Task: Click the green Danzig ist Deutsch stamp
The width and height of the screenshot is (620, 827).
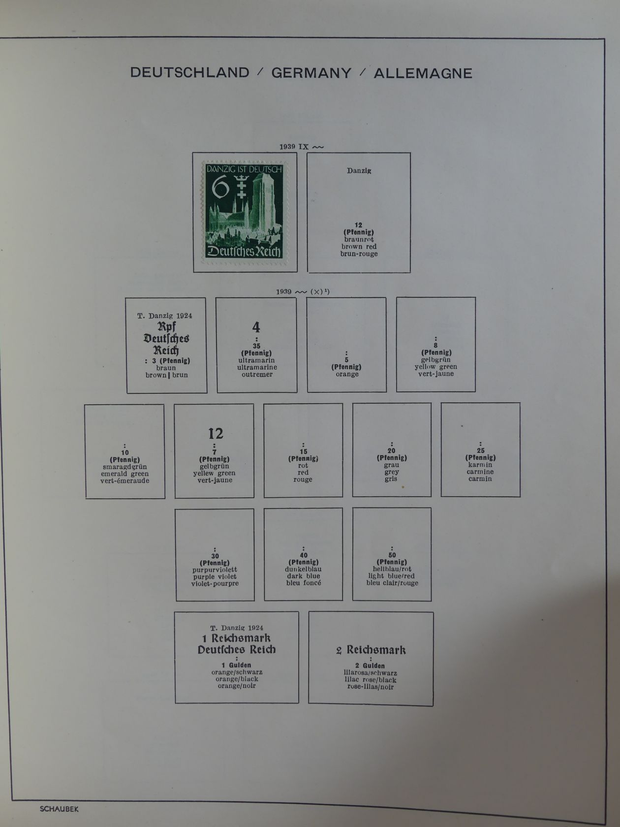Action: coord(245,212)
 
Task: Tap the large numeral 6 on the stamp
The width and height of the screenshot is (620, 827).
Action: coord(220,189)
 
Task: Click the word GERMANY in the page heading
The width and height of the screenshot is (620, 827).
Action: coord(311,73)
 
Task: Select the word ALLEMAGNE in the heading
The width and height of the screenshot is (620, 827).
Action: coord(423,74)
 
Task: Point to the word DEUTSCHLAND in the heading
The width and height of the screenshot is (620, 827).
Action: coord(190,72)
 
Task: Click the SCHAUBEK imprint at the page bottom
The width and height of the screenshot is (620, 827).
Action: coord(59,808)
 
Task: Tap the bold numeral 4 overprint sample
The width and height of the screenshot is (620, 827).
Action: coord(256,327)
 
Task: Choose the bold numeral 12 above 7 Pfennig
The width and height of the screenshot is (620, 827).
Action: coord(216,434)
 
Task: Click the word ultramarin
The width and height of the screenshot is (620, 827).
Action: coord(256,360)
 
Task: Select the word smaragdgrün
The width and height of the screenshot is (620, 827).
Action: coord(125,467)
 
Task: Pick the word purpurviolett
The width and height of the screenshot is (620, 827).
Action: coord(215,570)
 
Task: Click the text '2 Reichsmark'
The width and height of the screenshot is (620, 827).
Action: coord(371,650)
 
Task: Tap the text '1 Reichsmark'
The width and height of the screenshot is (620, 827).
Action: coord(236,638)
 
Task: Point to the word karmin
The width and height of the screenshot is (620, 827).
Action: coord(480,465)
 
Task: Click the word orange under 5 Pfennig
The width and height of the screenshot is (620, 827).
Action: coord(347,374)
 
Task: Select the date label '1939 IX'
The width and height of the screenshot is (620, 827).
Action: coord(294,147)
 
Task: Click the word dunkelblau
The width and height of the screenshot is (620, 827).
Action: coord(303,569)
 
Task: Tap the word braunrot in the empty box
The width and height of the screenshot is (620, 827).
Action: coord(359,240)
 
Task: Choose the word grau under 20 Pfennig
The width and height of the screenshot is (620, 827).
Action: coord(392,465)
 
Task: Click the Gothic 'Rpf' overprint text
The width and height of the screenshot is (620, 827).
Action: coord(166,327)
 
